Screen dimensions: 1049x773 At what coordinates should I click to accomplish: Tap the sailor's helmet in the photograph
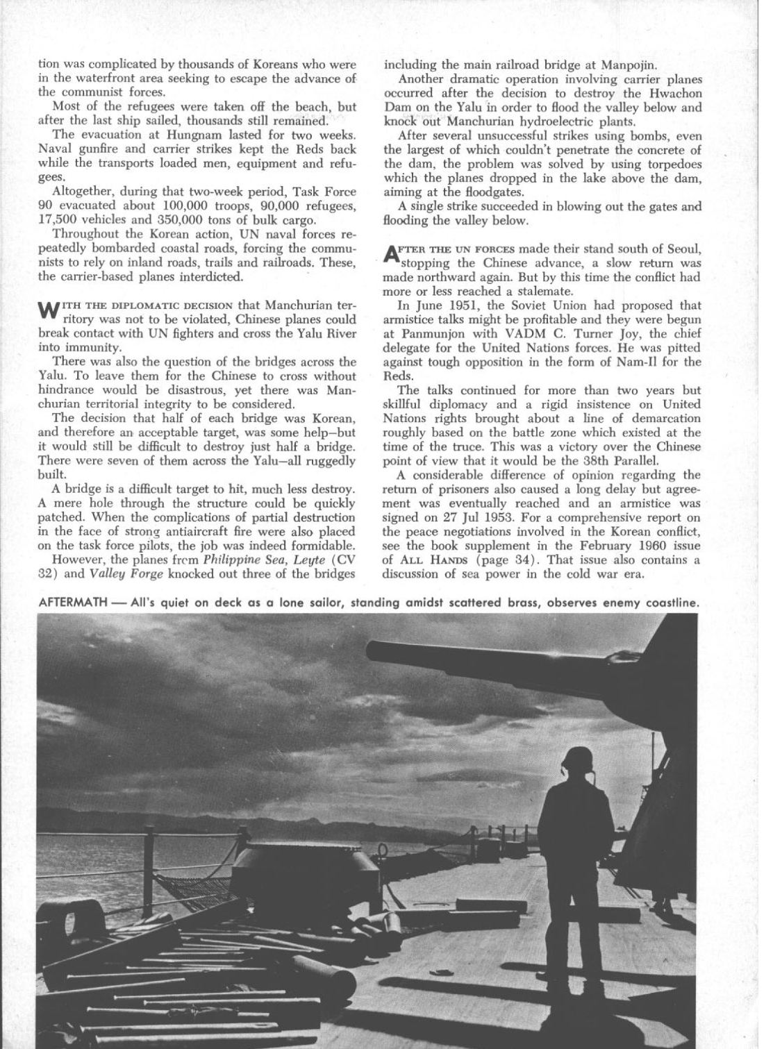pos(579,759)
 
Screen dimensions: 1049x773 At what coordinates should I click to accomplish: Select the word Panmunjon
pos(426,333)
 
